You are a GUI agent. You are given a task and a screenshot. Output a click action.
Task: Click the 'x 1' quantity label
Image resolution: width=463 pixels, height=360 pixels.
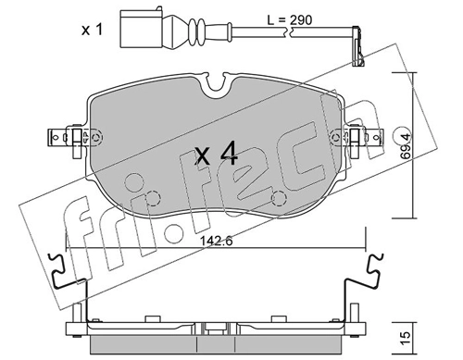click(x=92, y=30)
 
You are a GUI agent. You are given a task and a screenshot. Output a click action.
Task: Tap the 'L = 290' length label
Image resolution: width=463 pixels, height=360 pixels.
click(x=290, y=20)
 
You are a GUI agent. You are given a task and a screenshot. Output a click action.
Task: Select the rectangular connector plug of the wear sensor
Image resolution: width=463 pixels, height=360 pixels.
click(x=140, y=29)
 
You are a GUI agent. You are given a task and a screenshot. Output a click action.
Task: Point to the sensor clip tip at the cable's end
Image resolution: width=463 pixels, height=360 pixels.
click(x=358, y=48)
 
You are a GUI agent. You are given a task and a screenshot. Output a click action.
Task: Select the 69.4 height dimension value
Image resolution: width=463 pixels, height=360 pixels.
click(x=406, y=146)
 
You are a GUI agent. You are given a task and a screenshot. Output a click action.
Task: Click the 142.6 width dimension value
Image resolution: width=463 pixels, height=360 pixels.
click(x=216, y=241)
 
